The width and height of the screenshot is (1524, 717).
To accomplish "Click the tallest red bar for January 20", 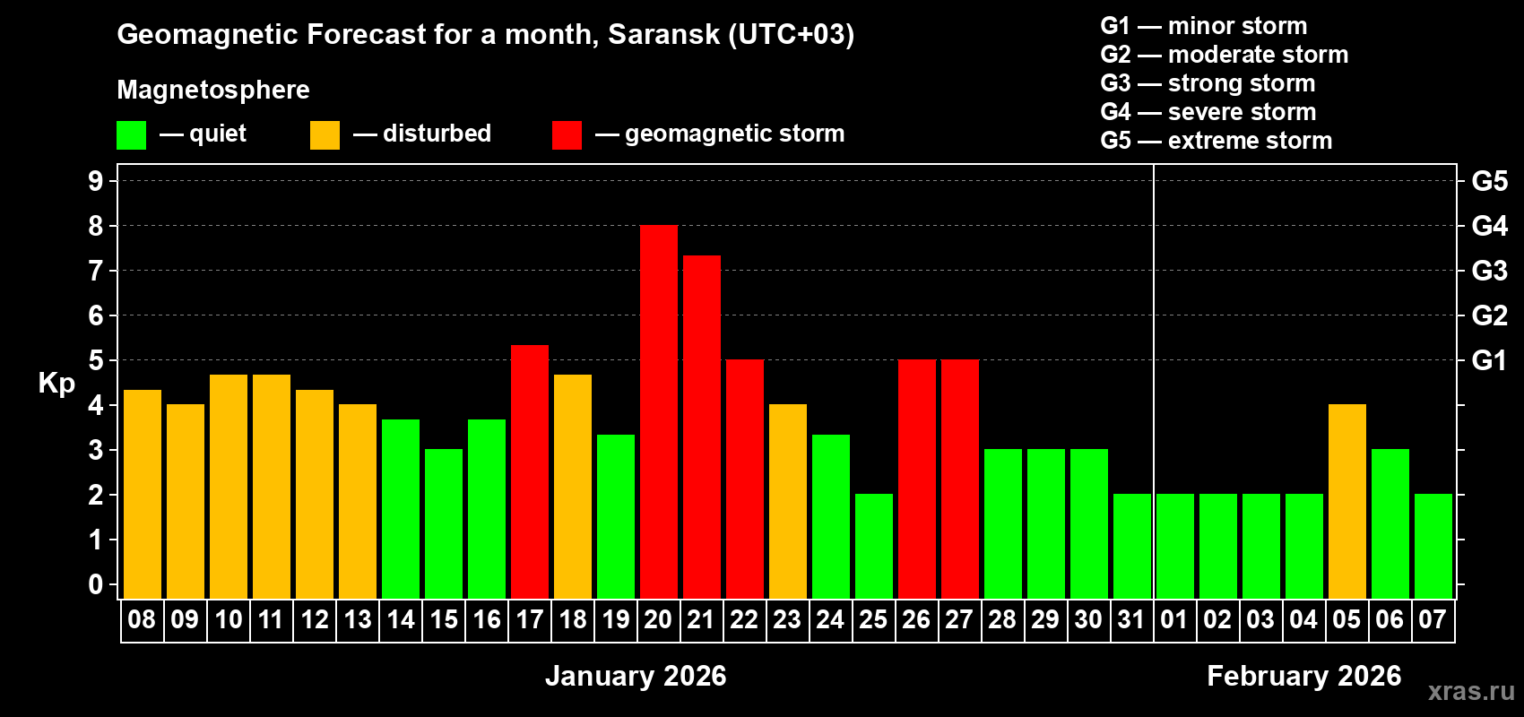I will (658, 412).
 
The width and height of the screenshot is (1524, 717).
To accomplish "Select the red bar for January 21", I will (701, 428).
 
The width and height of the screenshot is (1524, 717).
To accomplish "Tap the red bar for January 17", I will (529, 472).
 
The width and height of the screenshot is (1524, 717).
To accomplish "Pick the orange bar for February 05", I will (1346, 502).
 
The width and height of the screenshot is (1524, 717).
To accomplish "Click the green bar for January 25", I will (873, 547).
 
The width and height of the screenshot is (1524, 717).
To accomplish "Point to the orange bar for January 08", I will (142, 495).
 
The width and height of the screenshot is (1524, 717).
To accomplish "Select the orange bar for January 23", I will (787, 502).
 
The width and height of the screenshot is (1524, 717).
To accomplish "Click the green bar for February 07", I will (1433, 547).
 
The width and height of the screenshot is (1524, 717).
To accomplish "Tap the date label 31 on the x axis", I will (1131, 620).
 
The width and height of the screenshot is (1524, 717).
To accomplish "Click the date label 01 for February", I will (1174, 620).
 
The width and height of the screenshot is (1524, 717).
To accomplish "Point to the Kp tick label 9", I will (96, 181).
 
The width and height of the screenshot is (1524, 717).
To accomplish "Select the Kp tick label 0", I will (96, 585).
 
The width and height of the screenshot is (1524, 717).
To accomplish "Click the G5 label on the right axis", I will (1489, 181).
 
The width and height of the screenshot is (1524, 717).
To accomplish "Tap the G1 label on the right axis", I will (1489, 360).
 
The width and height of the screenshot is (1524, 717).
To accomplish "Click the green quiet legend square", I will (131, 135).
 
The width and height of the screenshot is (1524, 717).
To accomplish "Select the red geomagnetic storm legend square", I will (567, 135).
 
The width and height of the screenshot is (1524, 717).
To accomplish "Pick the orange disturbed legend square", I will (325, 135).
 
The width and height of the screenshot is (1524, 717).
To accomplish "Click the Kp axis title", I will (56, 384).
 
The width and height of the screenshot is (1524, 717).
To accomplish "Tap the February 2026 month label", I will (1303, 676).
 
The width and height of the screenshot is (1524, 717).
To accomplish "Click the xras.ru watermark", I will (1471, 691).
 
